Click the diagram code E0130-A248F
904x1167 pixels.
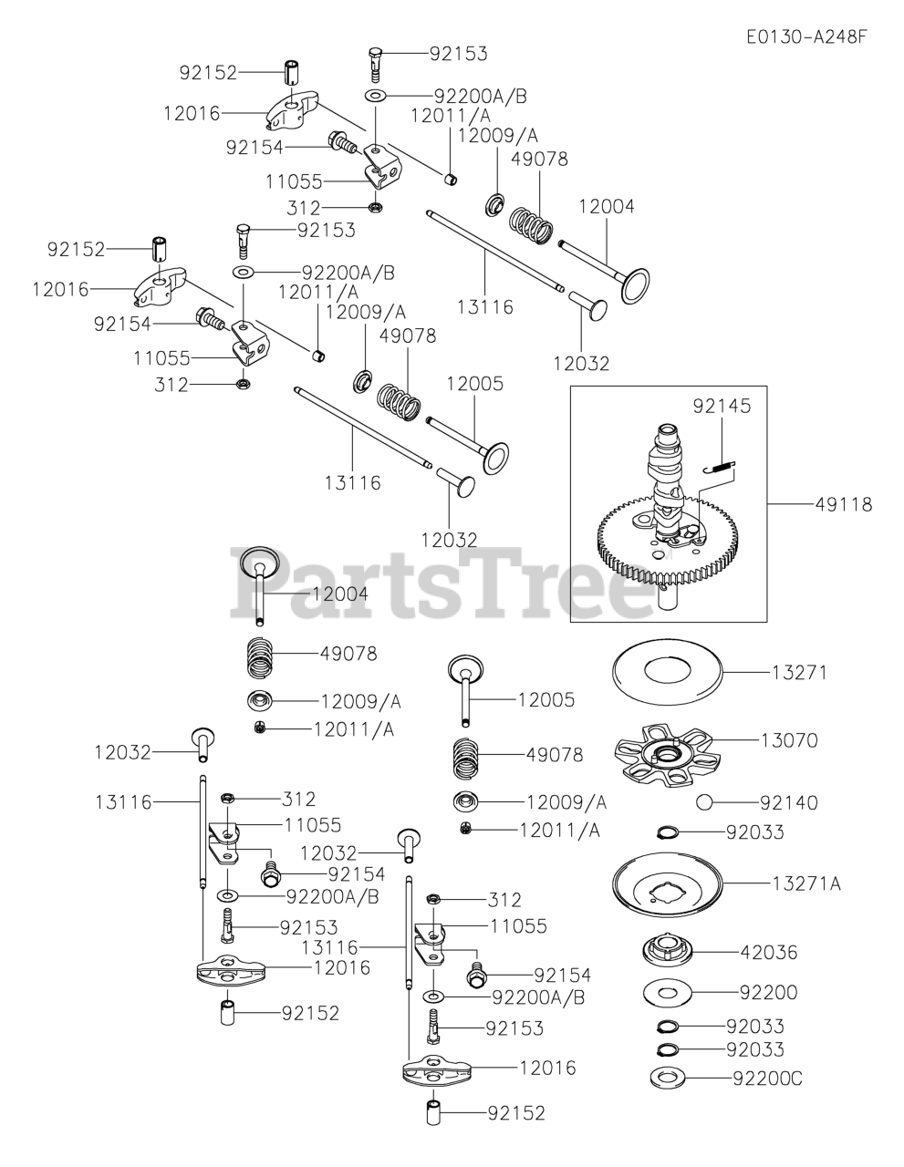(x=805, y=37)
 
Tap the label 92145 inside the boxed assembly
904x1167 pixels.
(x=722, y=406)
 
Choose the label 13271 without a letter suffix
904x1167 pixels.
(x=799, y=673)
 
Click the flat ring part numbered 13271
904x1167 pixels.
(x=667, y=673)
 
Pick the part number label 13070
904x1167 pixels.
(x=789, y=740)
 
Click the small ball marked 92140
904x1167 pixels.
(x=703, y=802)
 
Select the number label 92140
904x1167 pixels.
(x=789, y=803)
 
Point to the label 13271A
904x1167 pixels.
(x=806, y=883)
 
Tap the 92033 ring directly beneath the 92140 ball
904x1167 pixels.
(x=668, y=831)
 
